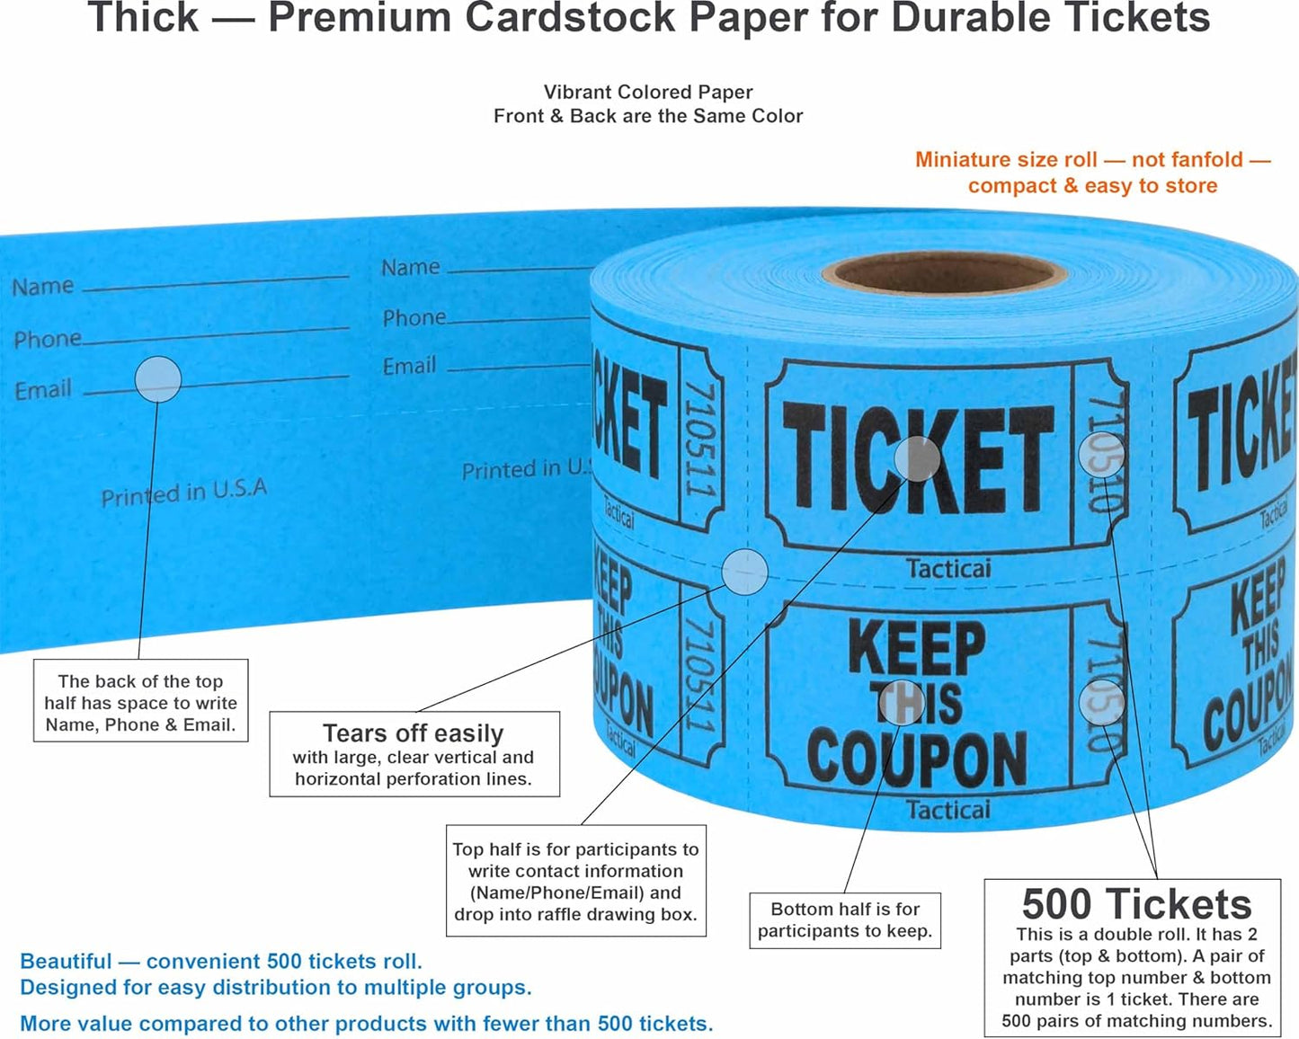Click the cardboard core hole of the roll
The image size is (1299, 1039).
944,272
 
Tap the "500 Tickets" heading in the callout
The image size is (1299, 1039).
1136,904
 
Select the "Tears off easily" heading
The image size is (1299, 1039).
414,733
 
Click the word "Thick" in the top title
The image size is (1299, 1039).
144,18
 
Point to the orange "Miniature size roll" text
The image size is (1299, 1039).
1092,160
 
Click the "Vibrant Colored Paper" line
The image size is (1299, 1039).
648,92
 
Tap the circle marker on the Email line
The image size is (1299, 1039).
158,379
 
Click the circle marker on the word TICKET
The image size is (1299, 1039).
917,459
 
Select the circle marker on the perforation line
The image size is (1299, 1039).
745,572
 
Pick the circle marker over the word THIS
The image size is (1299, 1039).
899,702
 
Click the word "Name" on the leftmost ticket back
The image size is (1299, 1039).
42,287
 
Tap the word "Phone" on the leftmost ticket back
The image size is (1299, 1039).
48,340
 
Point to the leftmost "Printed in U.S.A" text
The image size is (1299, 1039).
184,493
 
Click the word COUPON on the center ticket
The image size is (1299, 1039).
917,757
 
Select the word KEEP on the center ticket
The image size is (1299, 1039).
917,647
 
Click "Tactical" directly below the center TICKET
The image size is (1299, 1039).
948,569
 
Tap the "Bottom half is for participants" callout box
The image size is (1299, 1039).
845,920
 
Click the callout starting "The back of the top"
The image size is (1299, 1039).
140,703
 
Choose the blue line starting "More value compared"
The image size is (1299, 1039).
367,1024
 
